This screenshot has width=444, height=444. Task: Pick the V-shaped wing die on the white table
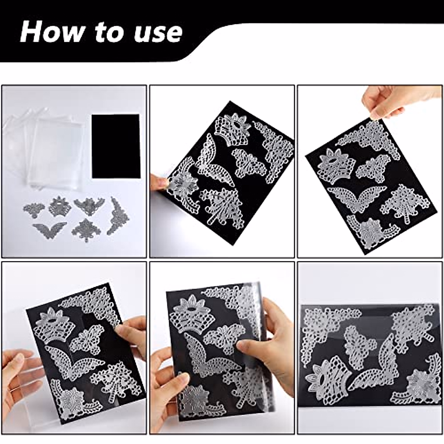[49, 228]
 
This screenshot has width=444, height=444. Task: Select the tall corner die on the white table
[117, 216]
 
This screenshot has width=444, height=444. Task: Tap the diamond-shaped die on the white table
[86, 230]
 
